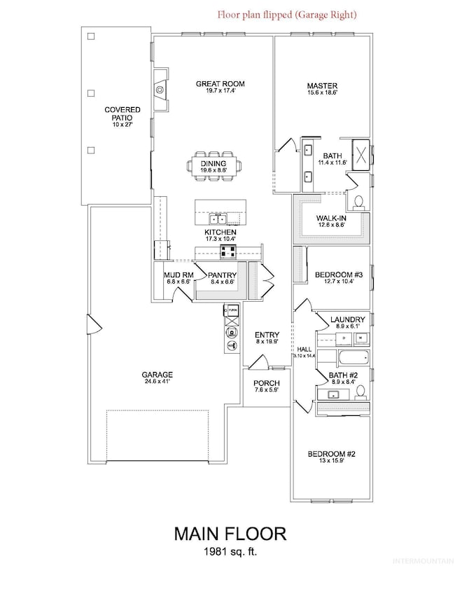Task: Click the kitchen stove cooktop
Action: tap(228, 253)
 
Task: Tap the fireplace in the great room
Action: tap(160, 89)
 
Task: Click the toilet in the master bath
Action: tap(359, 202)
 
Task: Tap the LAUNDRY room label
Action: tap(347, 320)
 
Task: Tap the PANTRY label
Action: tap(221, 275)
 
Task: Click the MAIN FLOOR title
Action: tap(230, 534)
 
